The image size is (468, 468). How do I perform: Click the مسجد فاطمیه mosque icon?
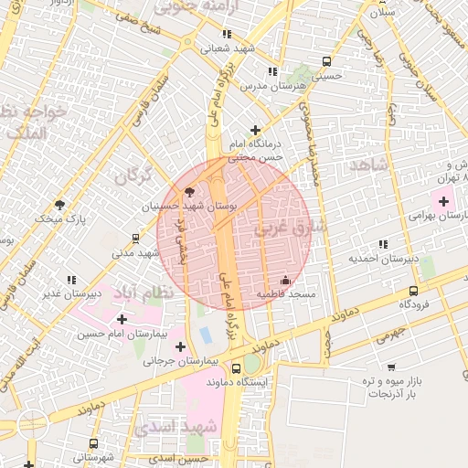click(x=286, y=281)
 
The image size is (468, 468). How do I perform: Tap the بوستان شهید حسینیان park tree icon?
click(x=189, y=192)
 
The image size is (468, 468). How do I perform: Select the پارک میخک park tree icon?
click(x=60, y=203)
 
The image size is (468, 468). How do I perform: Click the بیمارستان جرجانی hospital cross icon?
click(x=180, y=346)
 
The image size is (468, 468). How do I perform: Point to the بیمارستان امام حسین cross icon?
click(x=122, y=319)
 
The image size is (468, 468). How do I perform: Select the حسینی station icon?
click(x=326, y=60)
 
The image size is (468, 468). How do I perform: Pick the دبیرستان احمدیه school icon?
click(x=382, y=244)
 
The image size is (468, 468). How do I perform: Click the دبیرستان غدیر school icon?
click(x=70, y=280)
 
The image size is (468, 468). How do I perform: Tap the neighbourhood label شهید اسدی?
click(x=185, y=427)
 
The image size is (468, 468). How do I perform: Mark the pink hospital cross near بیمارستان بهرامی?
click(x=444, y=199)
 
